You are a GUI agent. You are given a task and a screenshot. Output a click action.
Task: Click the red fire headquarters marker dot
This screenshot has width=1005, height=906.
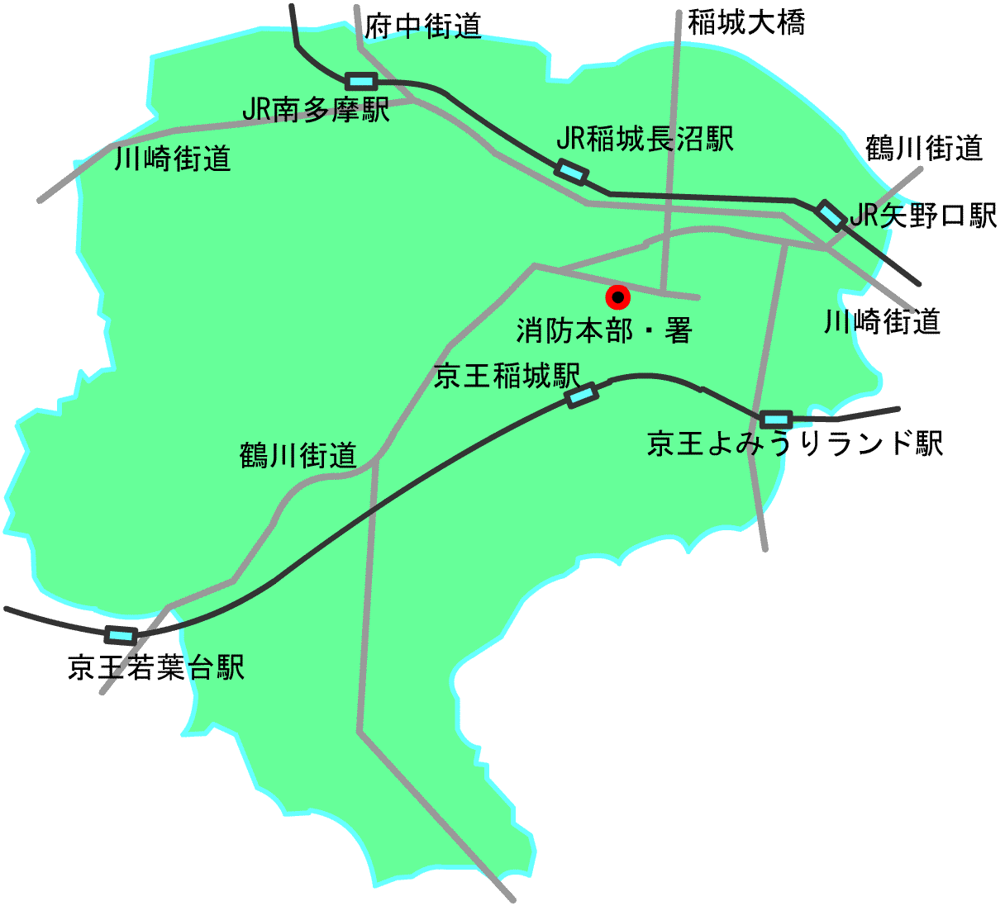tap(617, 297)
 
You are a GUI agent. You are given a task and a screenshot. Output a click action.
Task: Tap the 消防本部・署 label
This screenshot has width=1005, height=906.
tap(603, 331)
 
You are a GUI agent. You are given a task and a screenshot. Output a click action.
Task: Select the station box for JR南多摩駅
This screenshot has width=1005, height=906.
tap(361, 81)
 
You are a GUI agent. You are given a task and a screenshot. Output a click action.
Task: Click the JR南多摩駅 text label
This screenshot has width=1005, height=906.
tap(315, 110)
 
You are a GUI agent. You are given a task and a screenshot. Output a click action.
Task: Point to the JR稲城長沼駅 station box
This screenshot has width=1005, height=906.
tap(571, 172)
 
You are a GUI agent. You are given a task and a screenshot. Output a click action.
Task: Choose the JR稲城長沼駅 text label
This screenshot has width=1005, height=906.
tap(645, 140)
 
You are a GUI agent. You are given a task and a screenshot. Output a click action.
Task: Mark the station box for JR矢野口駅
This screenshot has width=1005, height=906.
tap(831, 215)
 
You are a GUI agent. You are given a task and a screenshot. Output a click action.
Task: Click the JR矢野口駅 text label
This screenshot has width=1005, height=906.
tap(923, 216)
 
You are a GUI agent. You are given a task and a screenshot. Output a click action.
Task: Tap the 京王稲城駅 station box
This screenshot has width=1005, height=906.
tap(582, 396)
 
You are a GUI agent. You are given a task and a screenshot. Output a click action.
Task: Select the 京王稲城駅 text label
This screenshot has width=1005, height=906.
tap(507, 377)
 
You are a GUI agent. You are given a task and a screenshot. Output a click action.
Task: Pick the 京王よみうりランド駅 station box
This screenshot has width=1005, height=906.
tap(776, 420)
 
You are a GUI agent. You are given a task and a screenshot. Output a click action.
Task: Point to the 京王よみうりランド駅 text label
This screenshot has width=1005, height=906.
tap(794, 444)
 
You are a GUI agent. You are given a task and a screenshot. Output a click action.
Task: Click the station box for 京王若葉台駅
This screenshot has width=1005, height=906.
tap(121, 635)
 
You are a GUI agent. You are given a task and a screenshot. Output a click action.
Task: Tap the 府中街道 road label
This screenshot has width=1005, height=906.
tap(423, 26)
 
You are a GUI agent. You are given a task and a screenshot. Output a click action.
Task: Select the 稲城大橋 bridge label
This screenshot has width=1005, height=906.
tap(746, 23)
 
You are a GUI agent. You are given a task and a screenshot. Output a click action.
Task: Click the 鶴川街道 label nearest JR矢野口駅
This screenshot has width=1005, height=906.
tap(924, 149)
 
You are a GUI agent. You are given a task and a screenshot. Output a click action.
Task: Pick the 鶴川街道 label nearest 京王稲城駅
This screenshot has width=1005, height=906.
tap(298, 454)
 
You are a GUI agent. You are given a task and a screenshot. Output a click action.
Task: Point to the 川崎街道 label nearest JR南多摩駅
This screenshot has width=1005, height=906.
tap(172, 158)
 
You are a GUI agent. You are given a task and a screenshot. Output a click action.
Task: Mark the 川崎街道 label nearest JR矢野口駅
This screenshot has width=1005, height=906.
tap(882, 321)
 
